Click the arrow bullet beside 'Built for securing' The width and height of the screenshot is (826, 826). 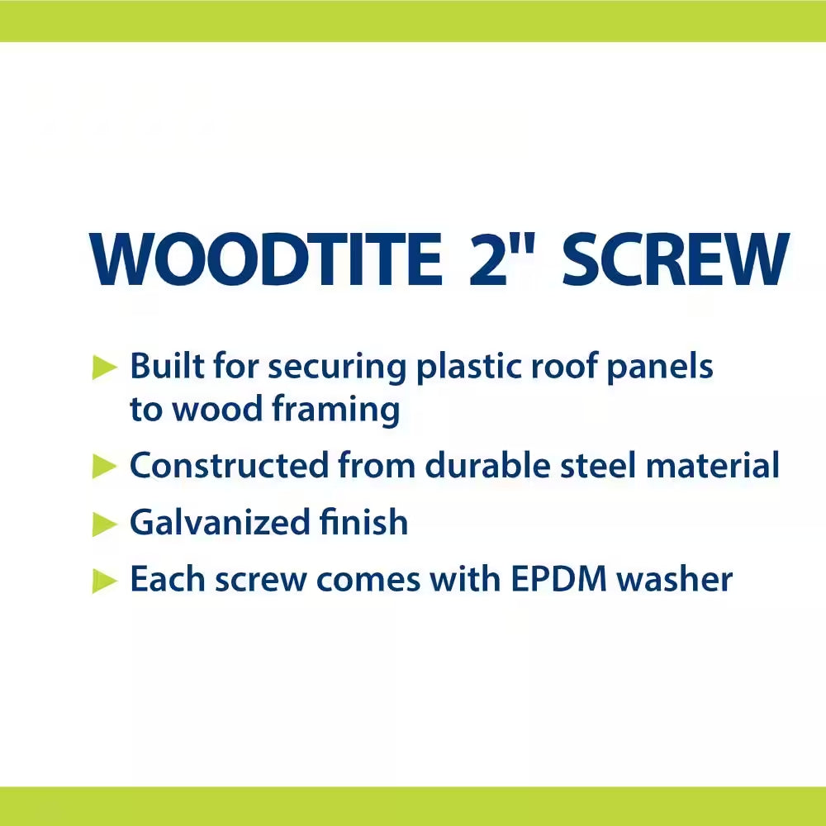point(105,368)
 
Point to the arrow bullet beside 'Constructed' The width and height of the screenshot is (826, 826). point(105,467)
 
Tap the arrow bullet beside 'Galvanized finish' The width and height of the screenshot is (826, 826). point(105,524)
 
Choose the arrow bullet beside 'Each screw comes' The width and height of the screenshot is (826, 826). point(105,581)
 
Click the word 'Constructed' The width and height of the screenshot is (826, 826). point(228,466)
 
